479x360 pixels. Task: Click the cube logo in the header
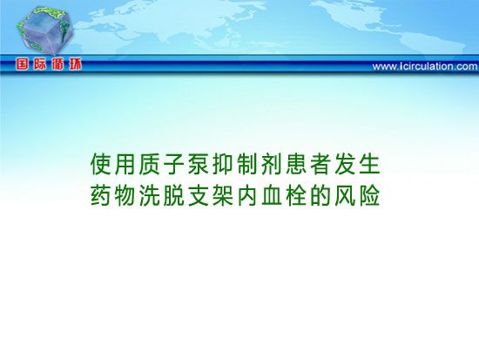tap(45, 31)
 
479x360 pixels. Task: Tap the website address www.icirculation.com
tap(425, 66)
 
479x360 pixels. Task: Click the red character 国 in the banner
tap(22, 65)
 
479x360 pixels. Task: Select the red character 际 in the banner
tap(40, 65)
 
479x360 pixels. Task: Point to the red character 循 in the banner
tap(57, 65)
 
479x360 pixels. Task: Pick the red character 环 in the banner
tap(75, 65)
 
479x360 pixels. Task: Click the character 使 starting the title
tap(100, 164)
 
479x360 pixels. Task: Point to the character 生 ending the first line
tap(369, 164)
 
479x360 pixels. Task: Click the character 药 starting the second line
tap(100, 195)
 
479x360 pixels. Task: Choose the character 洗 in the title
tap(150, 195)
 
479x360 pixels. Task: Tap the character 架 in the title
tap(223, 195)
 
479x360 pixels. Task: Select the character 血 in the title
tap(272, 195)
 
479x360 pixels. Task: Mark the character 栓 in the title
tap(296, 195)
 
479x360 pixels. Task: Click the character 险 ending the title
tap(369, 195)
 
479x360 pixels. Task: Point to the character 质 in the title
tap(150, 164)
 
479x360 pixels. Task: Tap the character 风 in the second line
tap(345, 195)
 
